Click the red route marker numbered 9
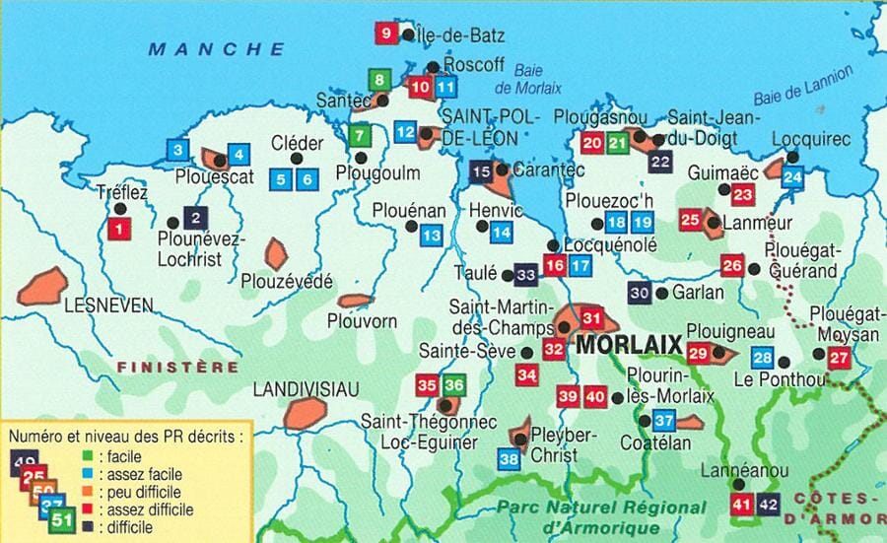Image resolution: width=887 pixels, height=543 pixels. click(x=385, y=34)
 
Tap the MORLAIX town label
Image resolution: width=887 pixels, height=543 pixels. click(x=629, y=346)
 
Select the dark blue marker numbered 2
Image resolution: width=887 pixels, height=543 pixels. click(x=196, y=219)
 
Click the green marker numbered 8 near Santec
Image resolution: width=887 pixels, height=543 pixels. click(x=377, y=78)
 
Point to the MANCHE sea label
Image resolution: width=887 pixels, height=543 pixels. click(x=217, y=48)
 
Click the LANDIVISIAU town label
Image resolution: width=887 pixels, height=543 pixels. click(x=307, y=388)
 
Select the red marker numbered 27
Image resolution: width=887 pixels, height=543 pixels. click(x=839, y=359)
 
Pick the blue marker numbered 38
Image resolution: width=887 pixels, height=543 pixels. click(x=509, y=457)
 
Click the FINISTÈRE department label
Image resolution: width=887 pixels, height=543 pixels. click(x=177, y=367)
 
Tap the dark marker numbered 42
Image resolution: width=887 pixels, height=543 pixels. click(x=769, y=505)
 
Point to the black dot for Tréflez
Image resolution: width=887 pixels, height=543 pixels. click(x=120, y=208)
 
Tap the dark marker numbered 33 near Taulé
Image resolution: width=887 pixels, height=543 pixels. click(x=525, y=275)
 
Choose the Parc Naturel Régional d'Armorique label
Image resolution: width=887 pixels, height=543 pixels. click(x=601, y=515)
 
